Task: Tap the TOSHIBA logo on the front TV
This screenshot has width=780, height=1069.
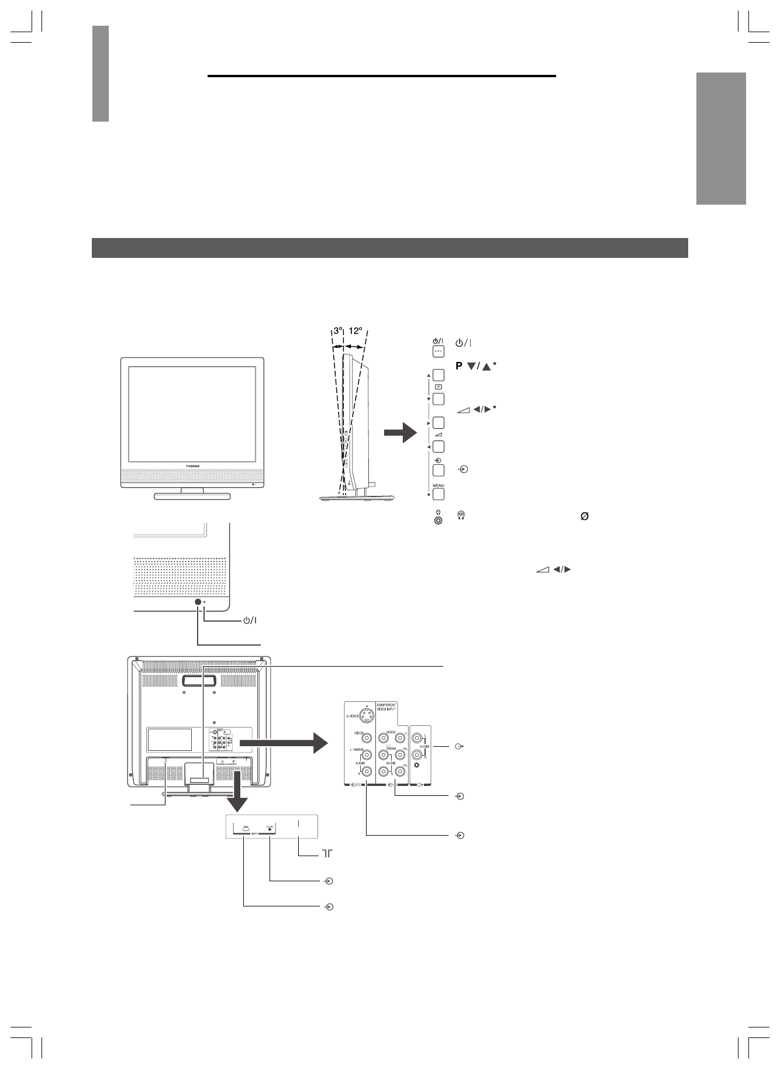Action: click(x=192, y=465)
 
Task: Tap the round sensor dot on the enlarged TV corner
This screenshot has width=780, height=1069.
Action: click(x=198, y=602)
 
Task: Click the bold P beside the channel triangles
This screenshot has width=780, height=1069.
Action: click(x=458, y=367)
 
